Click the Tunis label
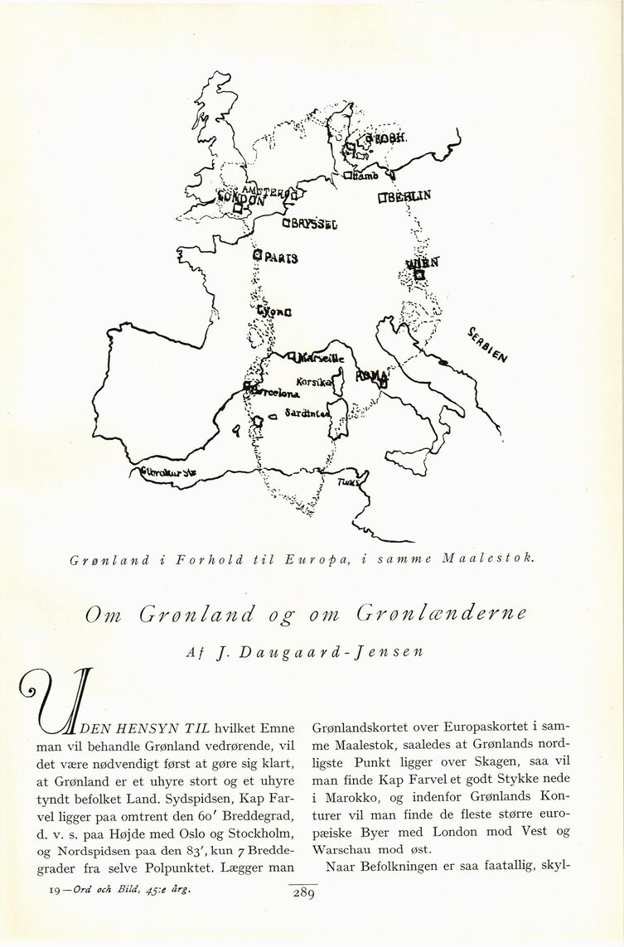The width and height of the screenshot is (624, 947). (x=351, y=481)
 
